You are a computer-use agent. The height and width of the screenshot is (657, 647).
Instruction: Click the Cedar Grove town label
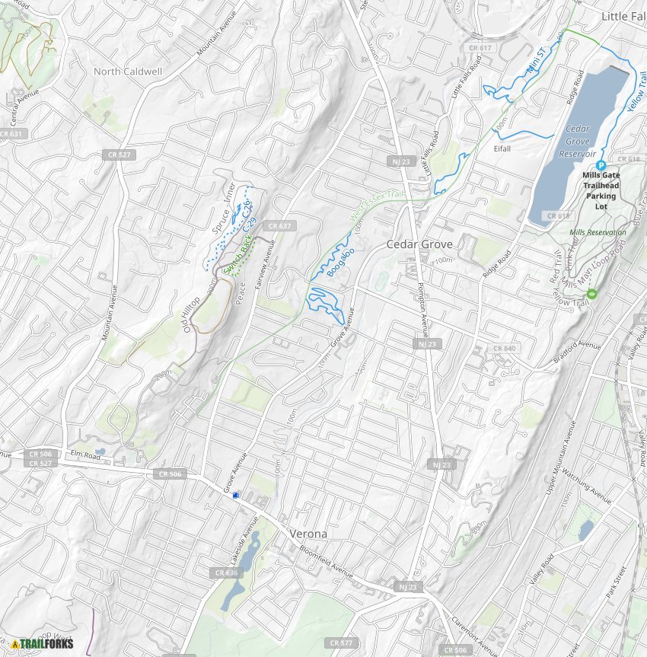(419, 244)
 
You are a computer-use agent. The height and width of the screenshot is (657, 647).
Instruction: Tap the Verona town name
(308, 534)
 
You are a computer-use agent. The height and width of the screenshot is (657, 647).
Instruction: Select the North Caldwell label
(128, 71)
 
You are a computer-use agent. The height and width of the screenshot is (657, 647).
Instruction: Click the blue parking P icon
(601, 165)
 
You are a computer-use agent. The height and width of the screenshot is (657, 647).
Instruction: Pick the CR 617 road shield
(481, 48)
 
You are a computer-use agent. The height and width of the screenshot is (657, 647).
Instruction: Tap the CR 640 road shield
(504, 348)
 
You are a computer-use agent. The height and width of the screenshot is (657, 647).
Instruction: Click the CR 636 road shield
(227, 572)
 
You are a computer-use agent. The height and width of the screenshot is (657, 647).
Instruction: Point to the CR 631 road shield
(11, 134)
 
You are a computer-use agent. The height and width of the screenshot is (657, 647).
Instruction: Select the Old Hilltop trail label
(196, 312)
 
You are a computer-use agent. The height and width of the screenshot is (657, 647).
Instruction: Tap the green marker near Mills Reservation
(592, 294)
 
